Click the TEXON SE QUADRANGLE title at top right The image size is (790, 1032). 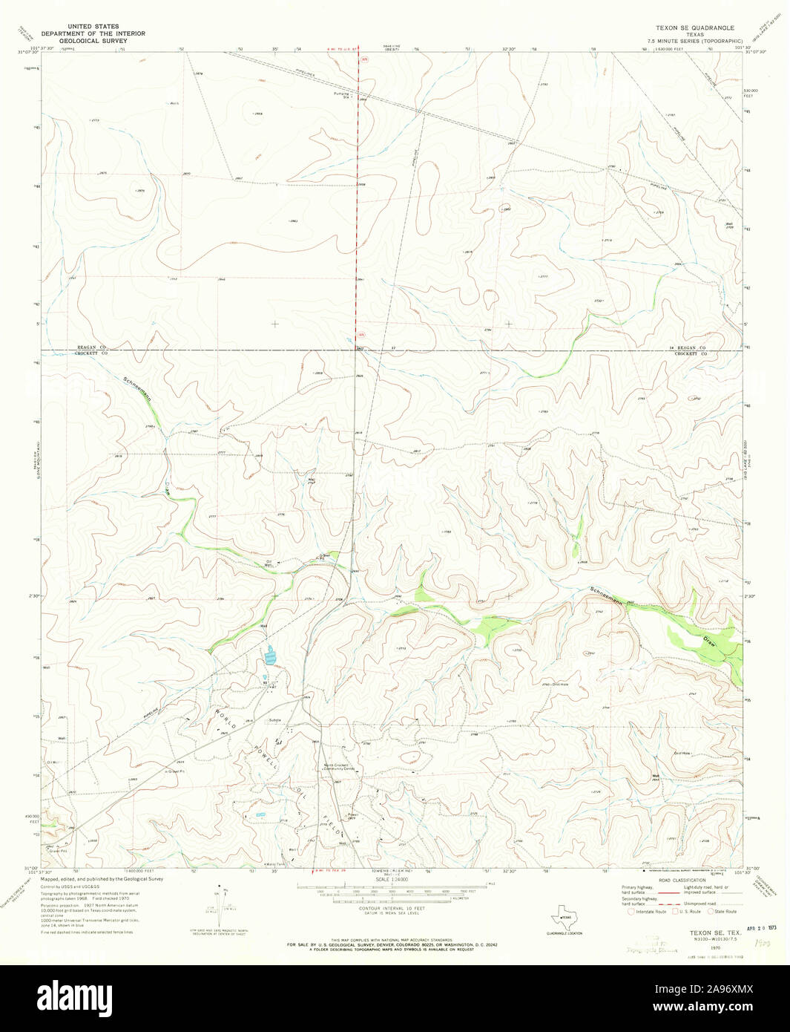[694, 27]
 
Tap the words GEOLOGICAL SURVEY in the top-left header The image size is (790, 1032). [93, 40]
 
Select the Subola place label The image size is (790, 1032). [276, 719]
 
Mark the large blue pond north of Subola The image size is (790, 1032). [270, 656]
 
